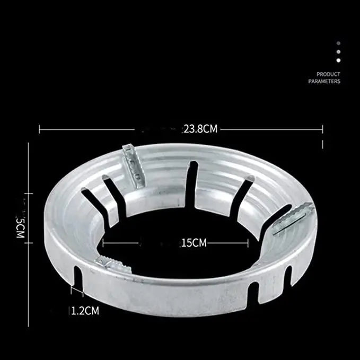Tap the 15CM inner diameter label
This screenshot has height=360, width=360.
point(193,243)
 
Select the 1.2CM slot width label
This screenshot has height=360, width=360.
point(85,311)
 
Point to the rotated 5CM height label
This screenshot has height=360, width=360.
point(20,226)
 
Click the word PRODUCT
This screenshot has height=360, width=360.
point(328,74)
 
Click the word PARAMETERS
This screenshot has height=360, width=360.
point(324,82)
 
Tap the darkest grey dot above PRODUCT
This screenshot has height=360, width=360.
point(339,43)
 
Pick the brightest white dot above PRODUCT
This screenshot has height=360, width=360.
point(339,60)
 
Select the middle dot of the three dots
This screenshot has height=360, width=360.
point(339,52)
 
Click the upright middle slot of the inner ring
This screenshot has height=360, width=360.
point(192,183)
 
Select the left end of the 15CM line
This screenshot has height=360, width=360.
point(103,243)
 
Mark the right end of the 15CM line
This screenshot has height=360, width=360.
point(248,243)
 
